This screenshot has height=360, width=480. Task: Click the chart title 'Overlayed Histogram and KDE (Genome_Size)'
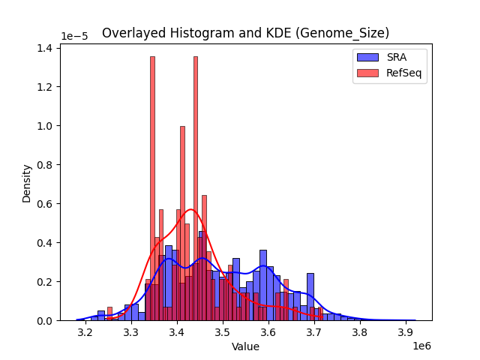(245, 33)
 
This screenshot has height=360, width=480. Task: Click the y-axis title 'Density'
(27, 184)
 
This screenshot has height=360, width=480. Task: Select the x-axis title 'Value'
(245, 347)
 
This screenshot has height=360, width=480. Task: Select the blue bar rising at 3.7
(310, 296)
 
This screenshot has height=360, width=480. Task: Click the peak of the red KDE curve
(191, 209)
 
